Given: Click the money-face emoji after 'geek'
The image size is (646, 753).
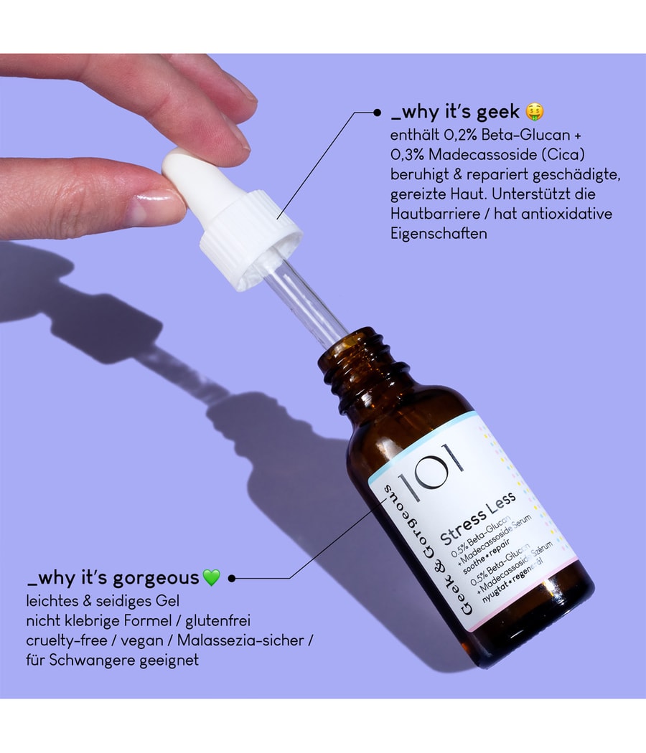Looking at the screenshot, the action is pos(535,112).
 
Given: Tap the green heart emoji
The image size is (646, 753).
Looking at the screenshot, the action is pos(212,578).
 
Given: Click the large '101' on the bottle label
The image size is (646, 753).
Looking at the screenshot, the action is pos(431,473).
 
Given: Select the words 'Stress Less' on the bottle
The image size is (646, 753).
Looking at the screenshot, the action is pos(478,518).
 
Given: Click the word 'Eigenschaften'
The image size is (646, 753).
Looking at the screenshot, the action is pos(439,234).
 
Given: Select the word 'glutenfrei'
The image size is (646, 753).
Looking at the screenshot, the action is pos(217,621).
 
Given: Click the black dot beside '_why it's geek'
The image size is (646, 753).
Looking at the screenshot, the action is pos(378,113).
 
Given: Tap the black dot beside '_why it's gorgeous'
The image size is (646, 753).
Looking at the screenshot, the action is pos(232,578).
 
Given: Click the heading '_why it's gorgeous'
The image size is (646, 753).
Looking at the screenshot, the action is pos(113,578).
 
